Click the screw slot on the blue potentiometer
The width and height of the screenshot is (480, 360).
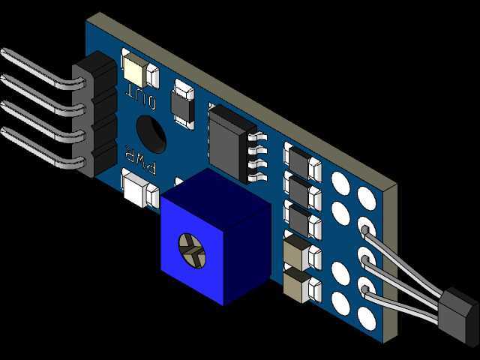click(x=192, y=251)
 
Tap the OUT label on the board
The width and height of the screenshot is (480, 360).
click(x=141, y=95)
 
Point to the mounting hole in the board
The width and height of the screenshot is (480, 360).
click(x=151, y=134)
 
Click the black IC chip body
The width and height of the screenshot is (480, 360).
click(x=232, y=142)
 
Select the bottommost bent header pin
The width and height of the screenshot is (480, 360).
click(x=43, y=149)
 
